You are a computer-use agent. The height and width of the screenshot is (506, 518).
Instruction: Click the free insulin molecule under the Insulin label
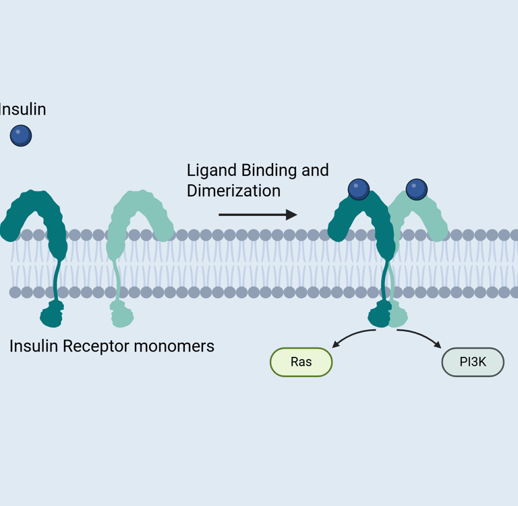pos(21,136)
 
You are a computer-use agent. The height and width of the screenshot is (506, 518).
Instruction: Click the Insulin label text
pos(22,109)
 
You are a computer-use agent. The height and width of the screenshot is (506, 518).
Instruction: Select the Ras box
pos(301,362)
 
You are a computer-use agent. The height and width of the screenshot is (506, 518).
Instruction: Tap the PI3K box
pos(472,362)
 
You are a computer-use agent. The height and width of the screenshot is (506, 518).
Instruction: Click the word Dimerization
pos(233,191)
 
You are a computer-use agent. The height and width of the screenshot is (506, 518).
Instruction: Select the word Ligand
pos(208,170)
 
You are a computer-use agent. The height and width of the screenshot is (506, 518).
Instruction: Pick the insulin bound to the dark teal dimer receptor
pos(358,189)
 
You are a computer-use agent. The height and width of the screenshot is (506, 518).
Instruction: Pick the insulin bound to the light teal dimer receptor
pos(417,189)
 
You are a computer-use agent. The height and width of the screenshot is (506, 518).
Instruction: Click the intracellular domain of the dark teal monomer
pos(52,314)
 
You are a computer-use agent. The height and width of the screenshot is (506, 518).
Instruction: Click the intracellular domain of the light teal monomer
pos(121,314)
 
